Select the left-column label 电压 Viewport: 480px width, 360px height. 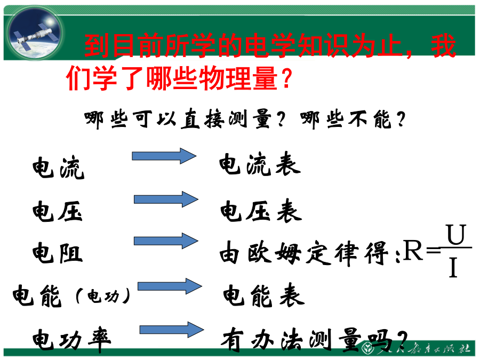coord(58,211)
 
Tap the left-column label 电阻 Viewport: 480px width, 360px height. coord(58,253)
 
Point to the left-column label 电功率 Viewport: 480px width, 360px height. coord(72,340)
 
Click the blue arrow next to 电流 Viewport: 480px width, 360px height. coord(164,156)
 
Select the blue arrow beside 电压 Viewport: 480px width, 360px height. coord(166,199)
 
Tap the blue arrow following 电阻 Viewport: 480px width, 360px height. coord(166,241)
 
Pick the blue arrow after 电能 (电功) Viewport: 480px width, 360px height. coord(170,286)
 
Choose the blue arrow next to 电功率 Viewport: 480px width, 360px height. coord(172,330)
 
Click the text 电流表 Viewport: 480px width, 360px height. coord(260,164)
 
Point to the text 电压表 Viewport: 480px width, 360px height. coord(261,211)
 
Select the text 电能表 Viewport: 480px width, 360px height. coord(264,295)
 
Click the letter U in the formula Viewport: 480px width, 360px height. coord(456,234)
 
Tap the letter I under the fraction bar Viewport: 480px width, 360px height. coord(453,267)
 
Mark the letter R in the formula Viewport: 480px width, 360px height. coord(413,250)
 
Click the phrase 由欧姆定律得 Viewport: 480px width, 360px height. coord(304,253)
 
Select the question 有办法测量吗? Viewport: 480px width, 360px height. coord(314,340)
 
